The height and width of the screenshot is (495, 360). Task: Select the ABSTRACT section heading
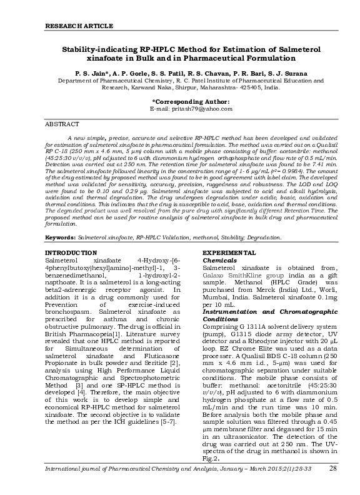pos(64,124)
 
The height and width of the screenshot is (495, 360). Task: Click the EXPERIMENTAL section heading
pos(229,252)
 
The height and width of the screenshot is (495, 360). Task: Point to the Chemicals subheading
pos(219,259)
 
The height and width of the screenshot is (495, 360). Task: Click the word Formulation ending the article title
pos(275,56)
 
